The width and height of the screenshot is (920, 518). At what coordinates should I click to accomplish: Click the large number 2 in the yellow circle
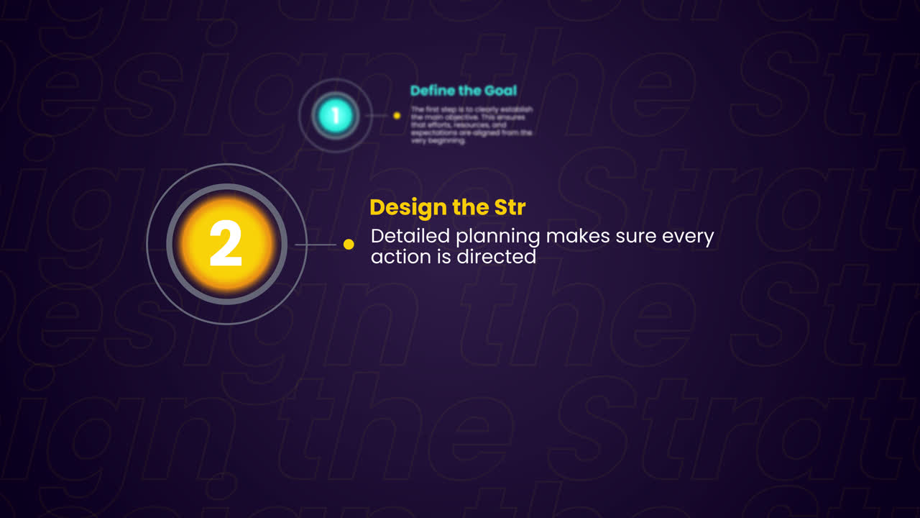coord(226,244)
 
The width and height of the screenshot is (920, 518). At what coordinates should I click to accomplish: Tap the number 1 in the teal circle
coord(335,115)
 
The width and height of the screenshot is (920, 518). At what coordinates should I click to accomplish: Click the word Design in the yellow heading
coord(408,208)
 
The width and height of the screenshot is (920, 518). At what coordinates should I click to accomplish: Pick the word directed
coord(497,256)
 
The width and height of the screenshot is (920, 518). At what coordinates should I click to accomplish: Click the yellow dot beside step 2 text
coord(349,245)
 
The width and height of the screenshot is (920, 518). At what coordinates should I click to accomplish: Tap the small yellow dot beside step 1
coord(397,115)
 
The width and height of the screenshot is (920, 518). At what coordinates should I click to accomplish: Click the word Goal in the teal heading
coord(500,91)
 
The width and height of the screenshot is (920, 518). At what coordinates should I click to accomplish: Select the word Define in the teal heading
coord(431,91)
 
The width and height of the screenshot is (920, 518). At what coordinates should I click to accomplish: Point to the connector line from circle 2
coord(316,245)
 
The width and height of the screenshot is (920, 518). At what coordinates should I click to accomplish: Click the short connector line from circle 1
coord(376,115)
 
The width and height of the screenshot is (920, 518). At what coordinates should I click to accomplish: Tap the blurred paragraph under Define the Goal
coord(471,125)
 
